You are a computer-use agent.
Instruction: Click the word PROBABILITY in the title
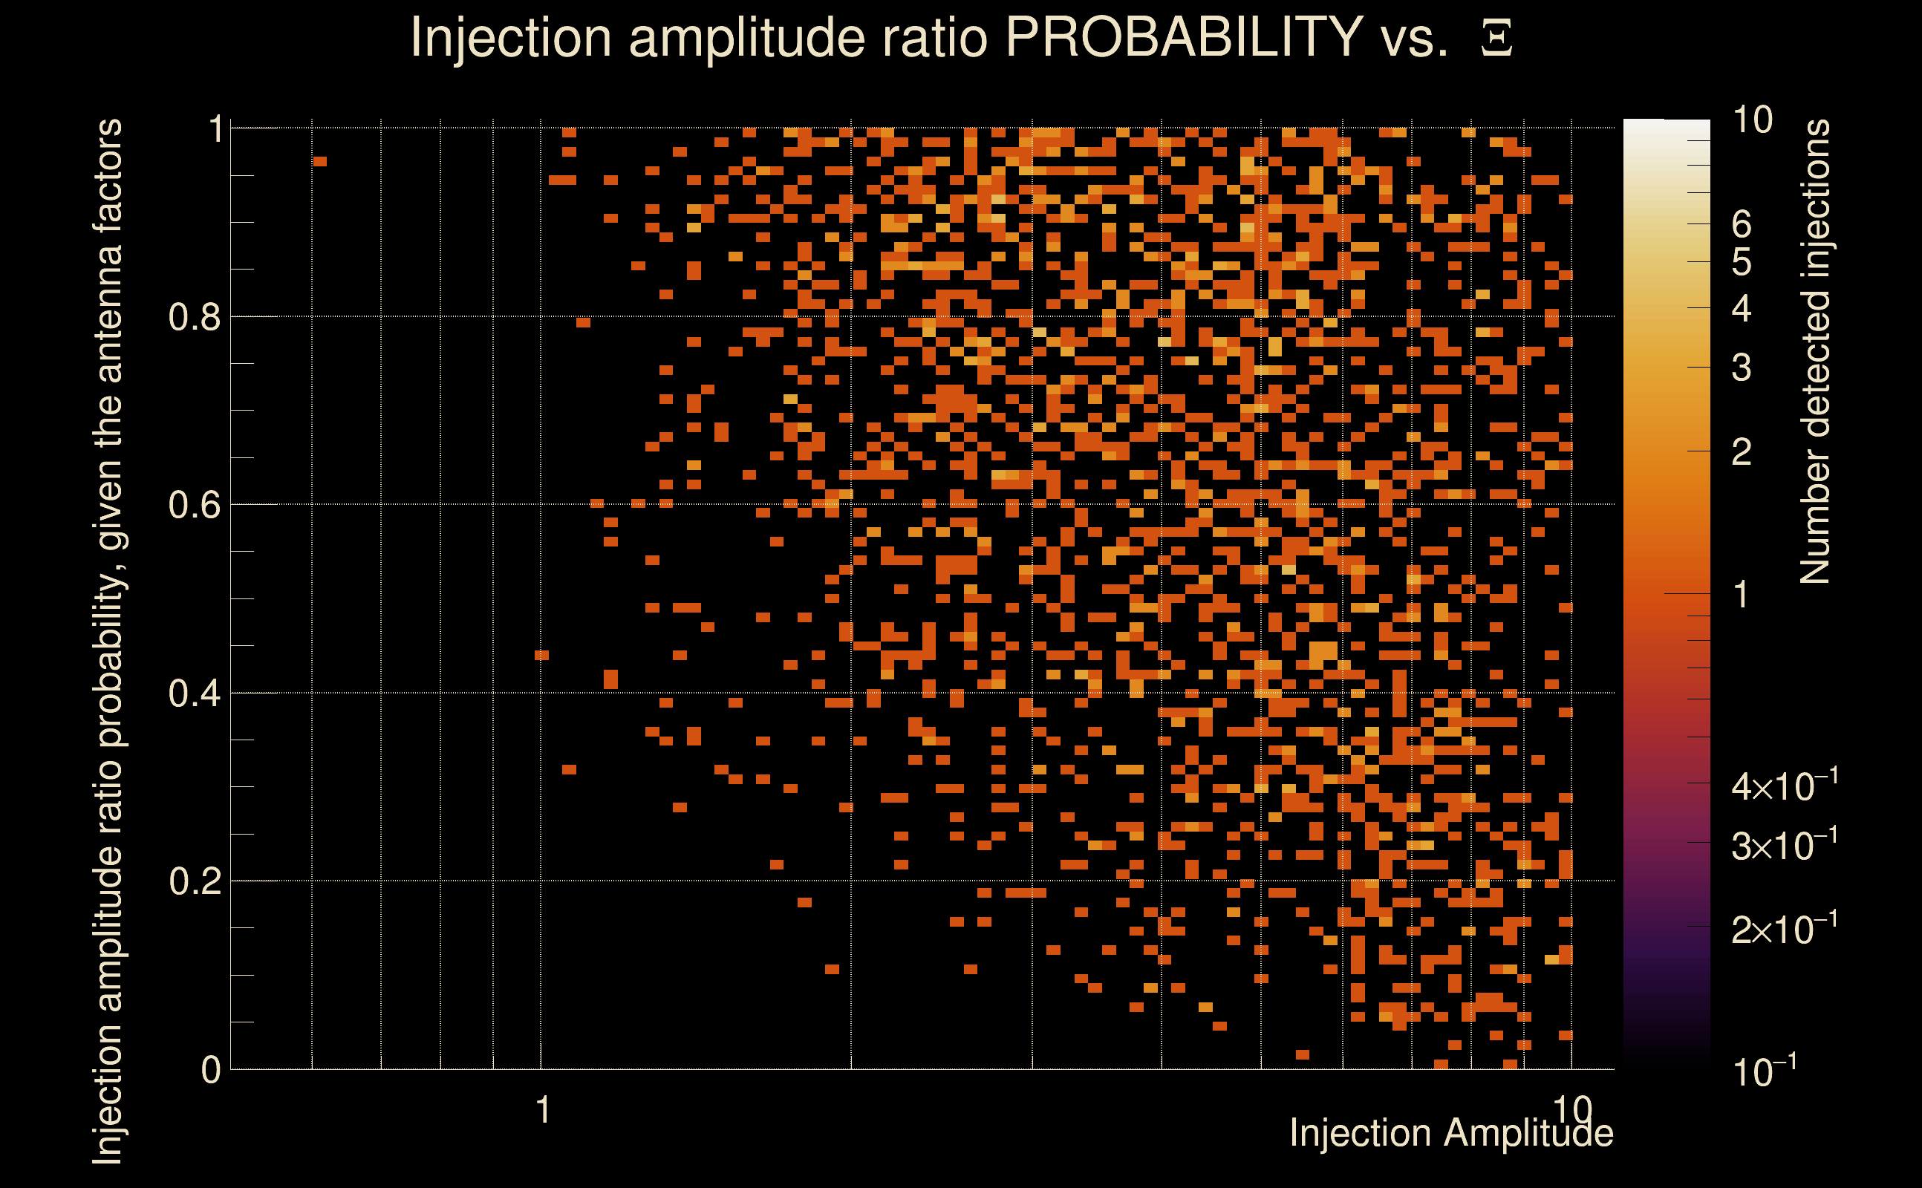point(1184,37)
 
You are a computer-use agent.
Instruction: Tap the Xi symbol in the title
point(1496,39)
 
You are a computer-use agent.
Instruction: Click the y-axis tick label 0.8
point(194,318)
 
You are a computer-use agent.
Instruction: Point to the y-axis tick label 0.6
point(194,505)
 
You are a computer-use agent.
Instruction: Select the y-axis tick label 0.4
point(194,693)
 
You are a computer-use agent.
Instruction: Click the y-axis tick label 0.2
point(194,881)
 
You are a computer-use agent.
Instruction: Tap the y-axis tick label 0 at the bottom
point(211,1070)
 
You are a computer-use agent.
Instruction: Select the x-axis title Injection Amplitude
point(1451,1133)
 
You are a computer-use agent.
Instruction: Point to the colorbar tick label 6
point(1742,225)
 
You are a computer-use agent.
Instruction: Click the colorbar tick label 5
point(1742,262)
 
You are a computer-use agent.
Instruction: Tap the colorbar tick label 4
point(1742,309)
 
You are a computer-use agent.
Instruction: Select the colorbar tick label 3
point(1742,368)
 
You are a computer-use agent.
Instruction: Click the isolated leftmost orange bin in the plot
point(320,162)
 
